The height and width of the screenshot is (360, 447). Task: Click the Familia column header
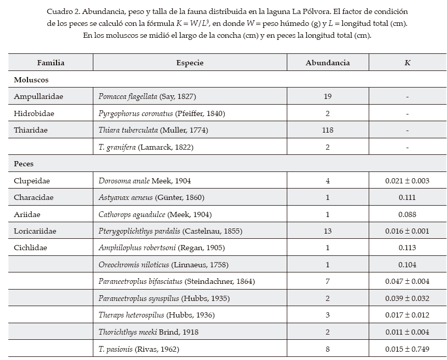tap(51, 63)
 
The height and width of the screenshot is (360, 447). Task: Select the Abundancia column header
tap(327, 63)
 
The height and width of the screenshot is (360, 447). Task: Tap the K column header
tap(407, 63)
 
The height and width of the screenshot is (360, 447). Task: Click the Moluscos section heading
tap(31, 80)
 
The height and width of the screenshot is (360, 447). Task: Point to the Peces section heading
tap(24, 164)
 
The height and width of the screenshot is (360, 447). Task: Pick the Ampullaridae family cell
tap(38, 96)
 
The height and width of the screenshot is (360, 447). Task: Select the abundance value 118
tap(327, 130)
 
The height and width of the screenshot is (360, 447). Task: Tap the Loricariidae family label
tap(35, 231)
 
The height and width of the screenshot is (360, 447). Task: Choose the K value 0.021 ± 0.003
tap(407, 181)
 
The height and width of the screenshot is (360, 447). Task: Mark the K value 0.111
tap(407, 197)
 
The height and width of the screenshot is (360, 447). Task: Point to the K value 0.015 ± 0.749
tap(407, 349)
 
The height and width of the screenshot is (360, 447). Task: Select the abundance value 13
tap(327, 231)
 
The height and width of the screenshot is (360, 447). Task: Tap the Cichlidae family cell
tap(31, 248)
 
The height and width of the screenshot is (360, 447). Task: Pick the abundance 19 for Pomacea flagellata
tap(327, 96)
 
